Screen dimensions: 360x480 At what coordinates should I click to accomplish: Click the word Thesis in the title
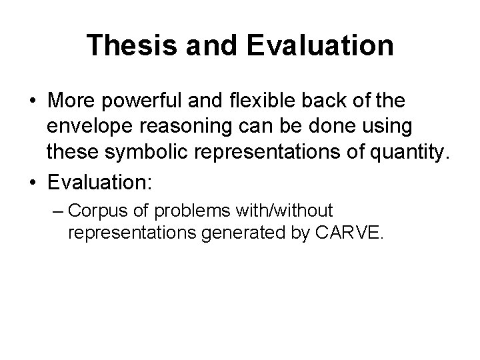[x=124, y=45]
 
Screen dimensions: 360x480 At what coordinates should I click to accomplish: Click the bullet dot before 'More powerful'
[x=32, y=101]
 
